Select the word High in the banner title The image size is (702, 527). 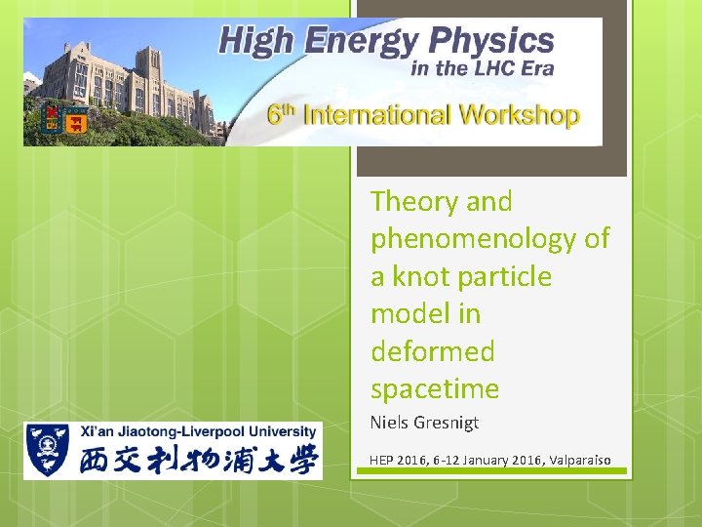(x=255, y=41)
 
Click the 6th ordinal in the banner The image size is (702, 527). (x=281, y=113)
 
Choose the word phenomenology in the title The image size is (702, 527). (x=489, y=239)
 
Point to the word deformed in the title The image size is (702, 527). (x=432, y=351)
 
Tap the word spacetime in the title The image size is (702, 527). (x=434, y=389)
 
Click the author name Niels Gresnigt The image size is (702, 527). (x=424, y=423)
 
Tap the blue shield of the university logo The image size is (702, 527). (x=45, y=449)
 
